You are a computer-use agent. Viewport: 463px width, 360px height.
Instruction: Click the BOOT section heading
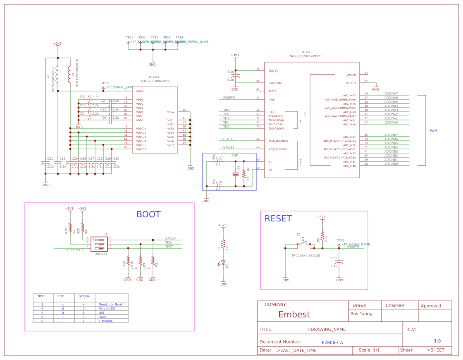coord(148,214)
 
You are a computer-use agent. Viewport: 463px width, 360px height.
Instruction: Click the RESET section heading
coord(278,218)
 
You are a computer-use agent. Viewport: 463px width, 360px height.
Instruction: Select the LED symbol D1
coord(223,263)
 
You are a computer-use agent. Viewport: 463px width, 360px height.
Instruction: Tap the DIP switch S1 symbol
coord(99,244)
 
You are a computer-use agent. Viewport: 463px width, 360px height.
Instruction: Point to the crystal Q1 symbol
coord(236,174)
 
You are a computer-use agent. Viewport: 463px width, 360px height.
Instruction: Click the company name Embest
coord(294,314)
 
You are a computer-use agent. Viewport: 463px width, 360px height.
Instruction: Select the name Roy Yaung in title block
coord(361,314)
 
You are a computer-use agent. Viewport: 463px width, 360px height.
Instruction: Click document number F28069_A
coord(332,343)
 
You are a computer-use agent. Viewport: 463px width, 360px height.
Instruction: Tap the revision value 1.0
coord(437,341)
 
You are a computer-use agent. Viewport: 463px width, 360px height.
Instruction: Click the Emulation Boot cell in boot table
coord(110,305)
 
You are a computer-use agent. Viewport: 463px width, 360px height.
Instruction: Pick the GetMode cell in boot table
coord(106,321)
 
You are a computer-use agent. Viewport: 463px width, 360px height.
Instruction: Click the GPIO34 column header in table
coord(84,296)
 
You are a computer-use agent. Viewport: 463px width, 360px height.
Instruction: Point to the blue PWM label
coord(433,131)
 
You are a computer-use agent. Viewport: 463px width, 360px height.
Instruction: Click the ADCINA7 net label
coord(391,94)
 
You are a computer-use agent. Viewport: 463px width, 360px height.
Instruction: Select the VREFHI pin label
coord(351,75)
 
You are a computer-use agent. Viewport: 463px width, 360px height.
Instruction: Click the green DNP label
coord(234,156)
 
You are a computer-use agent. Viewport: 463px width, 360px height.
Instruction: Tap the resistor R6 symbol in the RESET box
coord(322,236)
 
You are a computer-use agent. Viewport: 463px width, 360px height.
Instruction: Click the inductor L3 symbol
coord(57,74)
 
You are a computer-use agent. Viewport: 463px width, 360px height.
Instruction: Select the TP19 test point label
coord(105,83)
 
